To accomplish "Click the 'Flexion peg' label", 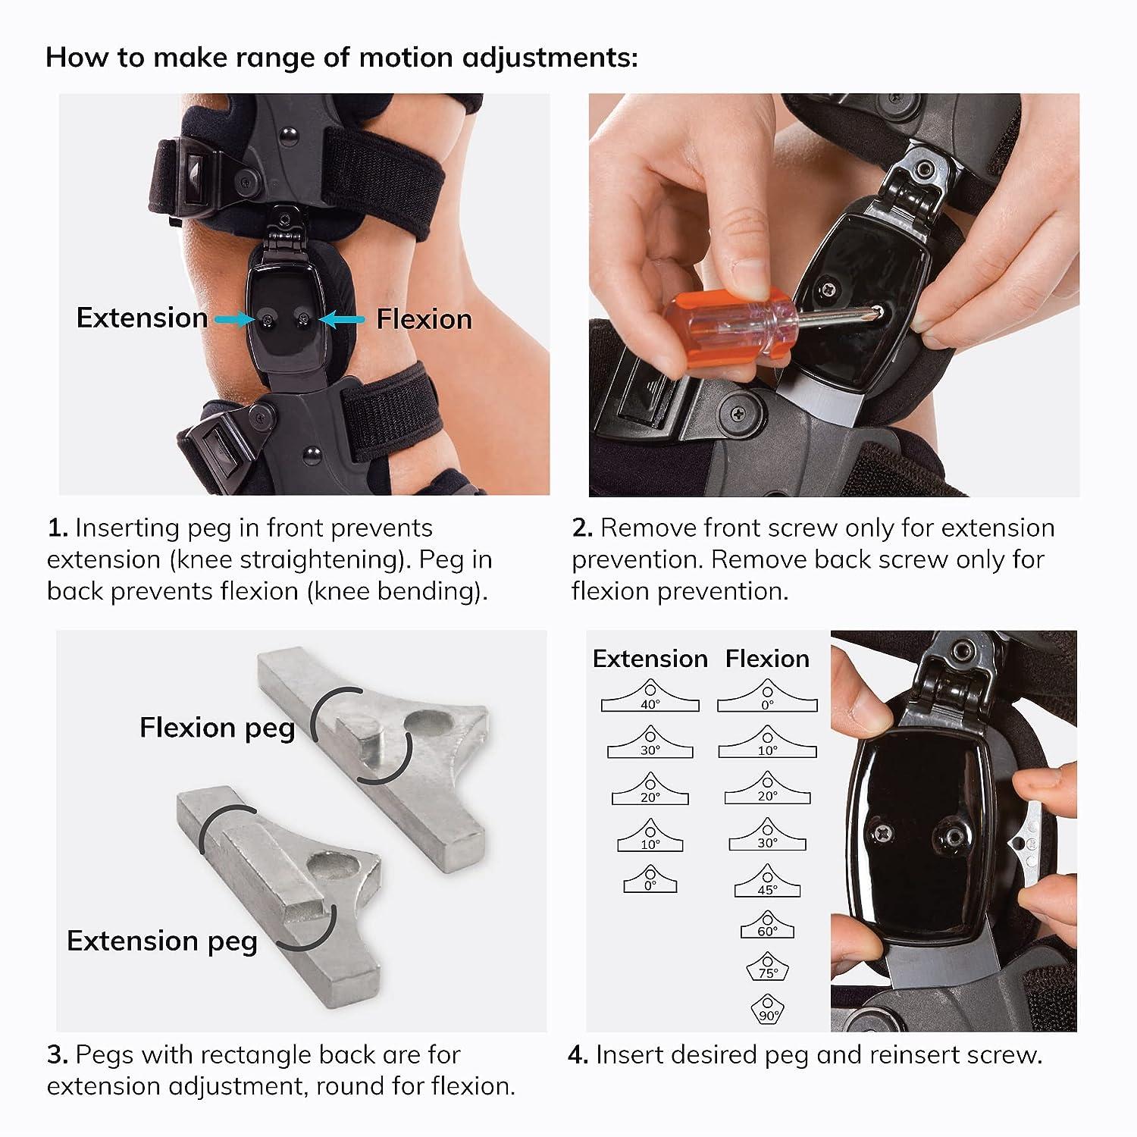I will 217,728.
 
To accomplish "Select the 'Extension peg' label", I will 162,941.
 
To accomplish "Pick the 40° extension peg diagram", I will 650,697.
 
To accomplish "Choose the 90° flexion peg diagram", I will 767,1010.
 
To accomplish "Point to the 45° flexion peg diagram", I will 767,882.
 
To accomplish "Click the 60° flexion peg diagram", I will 767,926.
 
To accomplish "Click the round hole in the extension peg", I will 328,866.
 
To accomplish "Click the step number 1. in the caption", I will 58,528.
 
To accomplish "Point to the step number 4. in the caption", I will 578,1055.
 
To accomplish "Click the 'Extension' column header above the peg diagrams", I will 650,659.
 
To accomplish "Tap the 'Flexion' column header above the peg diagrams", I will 767,659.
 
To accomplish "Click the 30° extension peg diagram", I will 650,743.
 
